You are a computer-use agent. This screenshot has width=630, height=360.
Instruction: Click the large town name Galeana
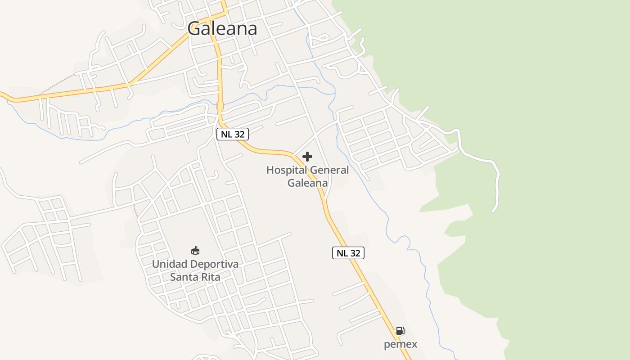click(x=222, y=29)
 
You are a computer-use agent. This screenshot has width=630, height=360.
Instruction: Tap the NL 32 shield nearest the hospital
click(x=233, y=134)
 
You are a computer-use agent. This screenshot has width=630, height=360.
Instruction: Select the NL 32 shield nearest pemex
click(x=348, y=253)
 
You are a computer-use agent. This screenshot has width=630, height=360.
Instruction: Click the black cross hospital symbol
click(x=307, y=157)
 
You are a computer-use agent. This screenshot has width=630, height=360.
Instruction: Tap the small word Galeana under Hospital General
click(x=307, y=183)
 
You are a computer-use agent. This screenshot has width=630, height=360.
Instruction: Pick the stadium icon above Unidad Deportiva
click(x=195, y=250)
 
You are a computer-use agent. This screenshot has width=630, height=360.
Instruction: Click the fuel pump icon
click(x=400, y=331)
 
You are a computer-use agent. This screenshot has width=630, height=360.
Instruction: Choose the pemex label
click(x=400, y=345)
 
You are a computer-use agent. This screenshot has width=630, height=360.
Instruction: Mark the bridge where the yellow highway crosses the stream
click(x=220, y=106)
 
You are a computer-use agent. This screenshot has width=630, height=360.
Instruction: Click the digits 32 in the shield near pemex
click(x=355, y=253)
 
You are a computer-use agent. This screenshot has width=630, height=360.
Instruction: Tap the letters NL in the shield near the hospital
click(x=226, y=134)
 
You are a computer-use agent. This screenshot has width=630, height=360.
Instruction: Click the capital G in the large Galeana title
click(x=194, y=29)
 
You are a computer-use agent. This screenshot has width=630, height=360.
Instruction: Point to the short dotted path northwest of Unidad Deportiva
click(x=135, y=211)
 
